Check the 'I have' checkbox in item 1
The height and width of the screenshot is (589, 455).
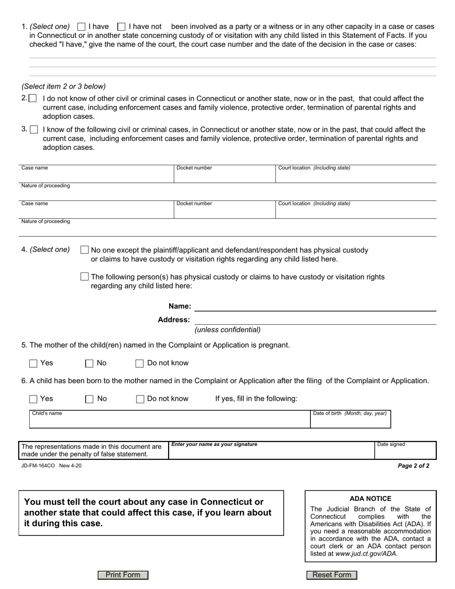pos(81,27)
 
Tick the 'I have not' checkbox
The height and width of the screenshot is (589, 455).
pos(122,27)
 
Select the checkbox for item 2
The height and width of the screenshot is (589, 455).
pos(33,98)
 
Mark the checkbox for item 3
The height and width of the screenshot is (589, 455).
pos(34,129)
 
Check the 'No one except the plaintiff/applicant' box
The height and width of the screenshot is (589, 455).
pos(85,250)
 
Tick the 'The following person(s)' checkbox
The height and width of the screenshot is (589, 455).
pos(85,277)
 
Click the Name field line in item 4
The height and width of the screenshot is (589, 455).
pos(315,306)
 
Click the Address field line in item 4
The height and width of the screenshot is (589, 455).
pos(315,319)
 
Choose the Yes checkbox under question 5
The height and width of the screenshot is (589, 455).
pos(33,363)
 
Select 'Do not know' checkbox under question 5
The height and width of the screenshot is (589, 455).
pos(140,363)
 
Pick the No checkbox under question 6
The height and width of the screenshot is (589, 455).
pos(89,399)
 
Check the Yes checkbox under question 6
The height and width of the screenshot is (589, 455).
pos(33,399)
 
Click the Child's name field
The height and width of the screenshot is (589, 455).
pos(170,421)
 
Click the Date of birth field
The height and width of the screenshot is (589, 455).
pos(350,421)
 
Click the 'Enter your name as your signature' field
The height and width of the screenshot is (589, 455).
pos(271,453)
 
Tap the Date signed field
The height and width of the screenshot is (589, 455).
pos(405,453)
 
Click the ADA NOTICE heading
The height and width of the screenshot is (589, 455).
pos(370,498)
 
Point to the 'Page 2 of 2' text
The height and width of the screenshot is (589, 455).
pos(413,465)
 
